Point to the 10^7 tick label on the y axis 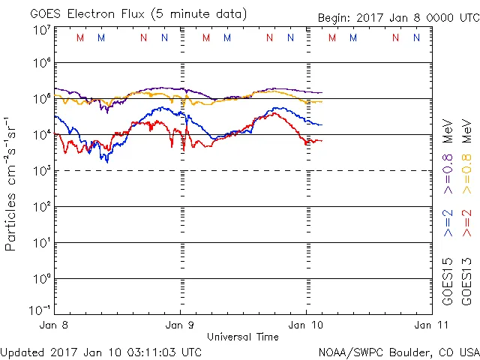(x=41, y=31)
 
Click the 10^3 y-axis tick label (x=41, y=172)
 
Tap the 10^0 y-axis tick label (x=41, y=280)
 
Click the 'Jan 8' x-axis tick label (x=55, y=325)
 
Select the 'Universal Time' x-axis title (x=243, y=337)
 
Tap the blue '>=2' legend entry (x=448, y=222)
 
